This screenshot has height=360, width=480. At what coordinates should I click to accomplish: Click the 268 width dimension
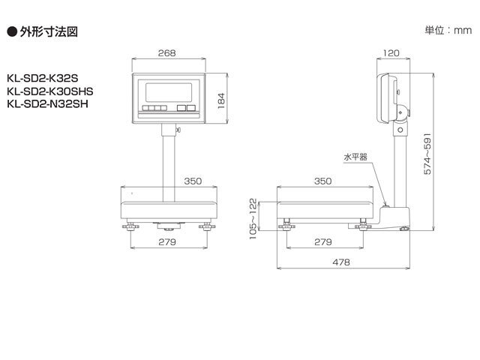pyautogui.click(x=167, y=53)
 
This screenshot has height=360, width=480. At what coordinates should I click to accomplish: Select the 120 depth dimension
pyautogui.click(x=390, y=53)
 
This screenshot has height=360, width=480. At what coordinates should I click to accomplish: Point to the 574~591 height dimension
pyautogui.click(x=427, y=154)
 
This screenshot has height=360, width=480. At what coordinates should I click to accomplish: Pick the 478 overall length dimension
pyautogui.click(x=342, y=262)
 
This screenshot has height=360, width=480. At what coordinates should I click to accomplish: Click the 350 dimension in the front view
pyautogui.click(x=194, y=180)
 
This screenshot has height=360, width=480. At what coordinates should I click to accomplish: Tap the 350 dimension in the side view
pyautogui.click(x=322, y=180)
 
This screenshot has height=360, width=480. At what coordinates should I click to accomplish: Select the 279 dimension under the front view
pyautogui.click(x=166, y=242)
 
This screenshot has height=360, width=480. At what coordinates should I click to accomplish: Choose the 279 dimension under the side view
pyautogui.click(x=322, y=242)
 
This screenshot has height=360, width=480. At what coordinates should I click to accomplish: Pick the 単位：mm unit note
pyautogui.click(x=448, y=30)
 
